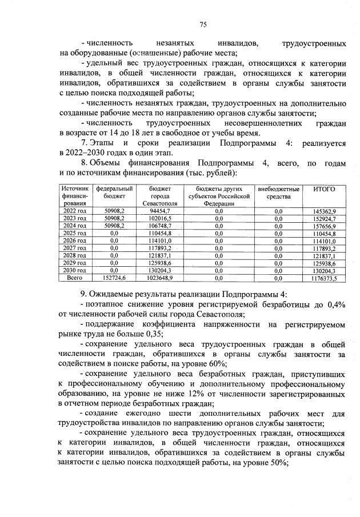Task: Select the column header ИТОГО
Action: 324,189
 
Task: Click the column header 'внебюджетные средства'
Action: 278,193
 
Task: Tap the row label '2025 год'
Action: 74,234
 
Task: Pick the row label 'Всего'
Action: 74,278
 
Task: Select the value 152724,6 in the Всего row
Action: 114,278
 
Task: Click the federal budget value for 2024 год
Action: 114,226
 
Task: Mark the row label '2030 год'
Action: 74,270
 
